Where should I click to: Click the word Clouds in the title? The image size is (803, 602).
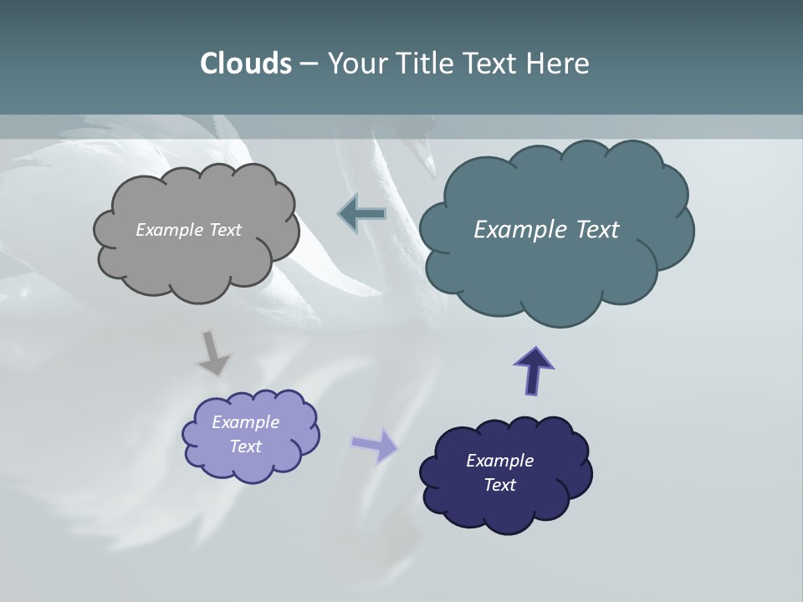245,64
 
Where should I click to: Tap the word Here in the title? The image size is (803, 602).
558,64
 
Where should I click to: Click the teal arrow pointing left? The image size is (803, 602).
362,214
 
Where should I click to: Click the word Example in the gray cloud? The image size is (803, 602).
170,230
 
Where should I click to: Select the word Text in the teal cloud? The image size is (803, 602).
592,230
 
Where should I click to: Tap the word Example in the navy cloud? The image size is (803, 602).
499,461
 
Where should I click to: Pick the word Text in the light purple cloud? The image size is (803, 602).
246,446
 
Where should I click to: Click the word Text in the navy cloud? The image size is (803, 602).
499,485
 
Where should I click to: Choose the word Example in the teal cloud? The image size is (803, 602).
516,230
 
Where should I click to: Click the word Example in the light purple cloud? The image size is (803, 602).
245,422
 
